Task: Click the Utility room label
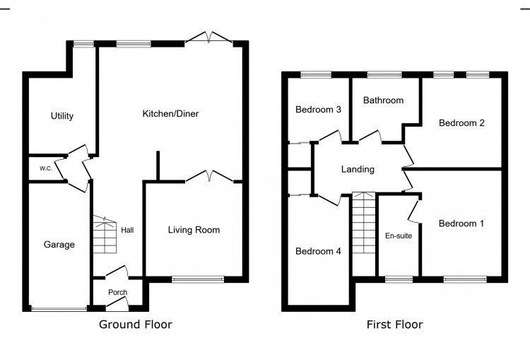click(x=62, y=116)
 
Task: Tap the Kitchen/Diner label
click(x=170, y=114)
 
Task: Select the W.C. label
click(x=45, y=168)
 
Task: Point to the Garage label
click(x=59, y=245)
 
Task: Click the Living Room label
click(x=194, y=230)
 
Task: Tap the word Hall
click(x=127, y=230)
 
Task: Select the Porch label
click(x=117, y=293)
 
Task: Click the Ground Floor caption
click(x=135, y=325)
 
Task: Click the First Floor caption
click(x=394, y=325)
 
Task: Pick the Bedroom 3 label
click(x=319, y=110)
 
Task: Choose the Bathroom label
click(x=383, y=100)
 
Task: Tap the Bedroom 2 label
click(x=461, y=123)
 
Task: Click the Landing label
click(x=358, y=169)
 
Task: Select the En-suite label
click(x=399, y=236)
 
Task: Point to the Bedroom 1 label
click(x=461, y=223)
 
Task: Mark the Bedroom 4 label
click(x=319, y=251)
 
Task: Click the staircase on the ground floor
click(x=104, y=235)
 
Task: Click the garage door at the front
click(x=59, y=308)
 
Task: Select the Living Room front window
click(x=197, y=279)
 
